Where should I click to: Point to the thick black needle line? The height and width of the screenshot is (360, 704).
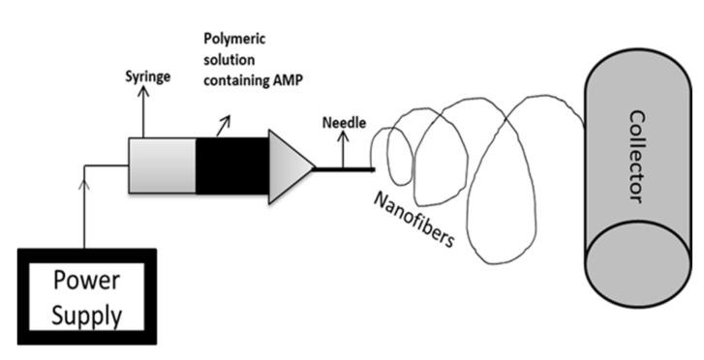(345, 171)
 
